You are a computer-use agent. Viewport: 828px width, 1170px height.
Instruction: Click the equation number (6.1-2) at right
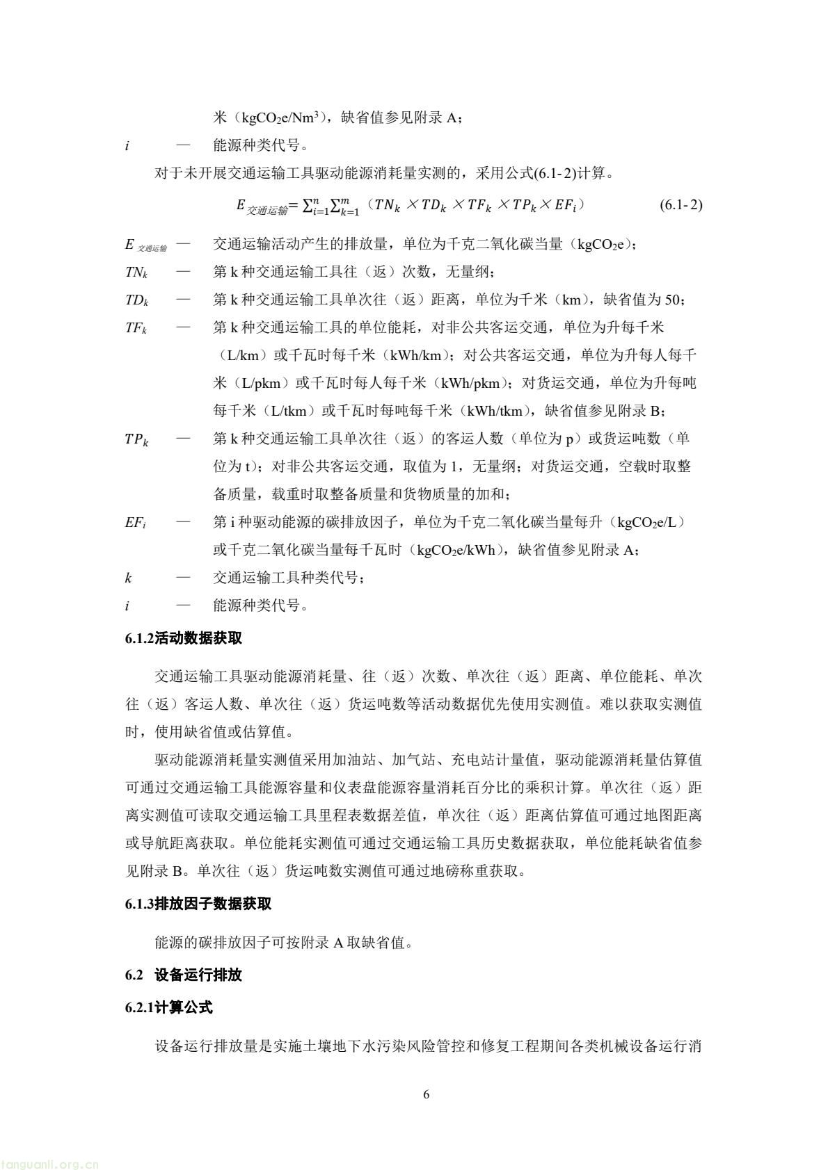coord(680,205)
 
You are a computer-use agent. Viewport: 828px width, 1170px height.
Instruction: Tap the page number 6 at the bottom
coord(426,1095)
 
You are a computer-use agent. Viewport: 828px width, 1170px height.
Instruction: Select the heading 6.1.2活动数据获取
coord(184,638)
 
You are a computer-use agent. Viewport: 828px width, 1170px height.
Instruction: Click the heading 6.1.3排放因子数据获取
coord(198,904)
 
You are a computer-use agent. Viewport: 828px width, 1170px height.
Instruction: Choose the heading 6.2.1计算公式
coord(169,1007)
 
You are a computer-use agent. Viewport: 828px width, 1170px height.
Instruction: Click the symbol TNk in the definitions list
coord(136,272)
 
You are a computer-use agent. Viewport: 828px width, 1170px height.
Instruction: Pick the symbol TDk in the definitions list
coord(136,300)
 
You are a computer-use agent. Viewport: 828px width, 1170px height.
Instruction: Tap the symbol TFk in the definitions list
coord(136,327)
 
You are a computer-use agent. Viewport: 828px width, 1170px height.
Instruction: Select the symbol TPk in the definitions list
coord(136,439)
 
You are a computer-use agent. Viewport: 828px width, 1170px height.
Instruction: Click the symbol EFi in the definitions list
coord(135,522)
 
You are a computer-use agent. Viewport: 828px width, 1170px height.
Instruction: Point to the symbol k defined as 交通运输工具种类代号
coord(128,578)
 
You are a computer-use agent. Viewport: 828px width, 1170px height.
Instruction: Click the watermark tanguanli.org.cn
coord(50,1159)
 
